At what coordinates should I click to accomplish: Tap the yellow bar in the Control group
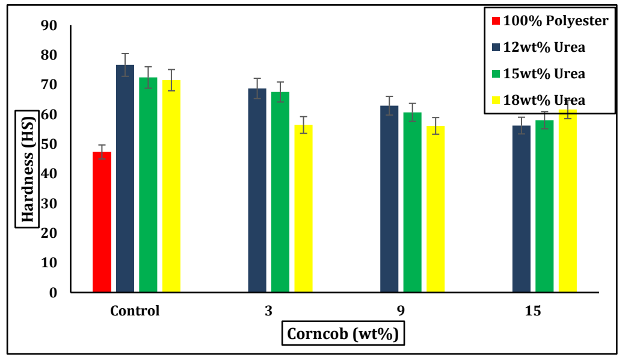tap(171, 186)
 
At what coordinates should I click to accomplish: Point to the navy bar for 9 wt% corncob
tap(389, 199)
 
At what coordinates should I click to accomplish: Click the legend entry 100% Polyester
tap(550, 21)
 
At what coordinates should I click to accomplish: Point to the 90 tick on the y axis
tap(48, 25)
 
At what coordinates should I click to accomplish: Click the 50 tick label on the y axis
tap(48, 144)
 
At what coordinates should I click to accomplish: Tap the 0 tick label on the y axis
tap(52, 293)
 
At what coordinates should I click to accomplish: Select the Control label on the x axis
tap(135, 311)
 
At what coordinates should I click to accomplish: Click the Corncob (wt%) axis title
tap(343, 334)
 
